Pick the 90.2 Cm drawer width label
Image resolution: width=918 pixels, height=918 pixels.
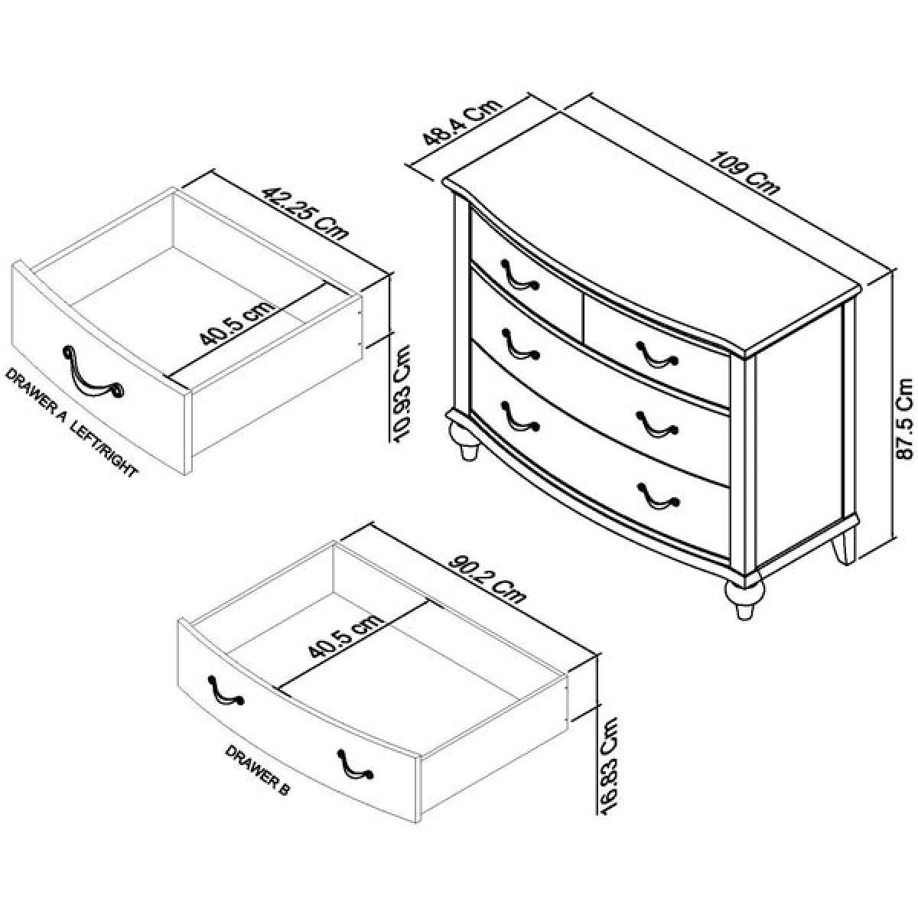pyautogui.click(x=487, y=579)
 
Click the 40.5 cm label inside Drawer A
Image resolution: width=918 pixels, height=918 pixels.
pyautogui.click(x=236, y=324)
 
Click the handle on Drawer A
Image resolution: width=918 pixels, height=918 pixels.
pyautogui.click(x=93, y=373)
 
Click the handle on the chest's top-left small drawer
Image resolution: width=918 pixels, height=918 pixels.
pyautogui.click(x=519, y=275)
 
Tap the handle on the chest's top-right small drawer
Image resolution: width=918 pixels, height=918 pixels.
pyautogui.click(x=657, y=354)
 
